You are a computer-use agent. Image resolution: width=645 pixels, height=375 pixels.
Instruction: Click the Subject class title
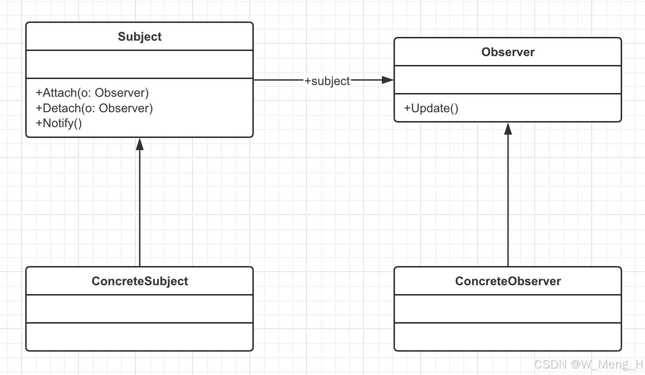(x=139, y=37)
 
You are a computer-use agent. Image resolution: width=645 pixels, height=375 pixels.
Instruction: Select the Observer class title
(x=508, y=52)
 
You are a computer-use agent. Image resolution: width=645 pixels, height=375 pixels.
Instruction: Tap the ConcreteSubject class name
(x=139, y=281)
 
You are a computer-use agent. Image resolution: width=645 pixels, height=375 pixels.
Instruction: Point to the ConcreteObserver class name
(x=508, y=281)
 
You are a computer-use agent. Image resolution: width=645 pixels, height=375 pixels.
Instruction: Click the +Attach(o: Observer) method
(x=92, y=93)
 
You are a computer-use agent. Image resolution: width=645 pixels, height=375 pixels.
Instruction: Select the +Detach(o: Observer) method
(x=94, y=108)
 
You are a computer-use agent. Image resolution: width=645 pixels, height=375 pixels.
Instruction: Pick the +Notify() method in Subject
(x=58, y=123)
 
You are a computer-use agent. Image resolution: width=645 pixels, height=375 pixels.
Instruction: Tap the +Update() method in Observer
(x=431, y=108)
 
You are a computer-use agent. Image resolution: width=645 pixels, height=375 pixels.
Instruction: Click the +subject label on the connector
(x=327, y=81)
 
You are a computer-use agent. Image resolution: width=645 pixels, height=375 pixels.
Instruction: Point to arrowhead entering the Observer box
(x=388, y=80)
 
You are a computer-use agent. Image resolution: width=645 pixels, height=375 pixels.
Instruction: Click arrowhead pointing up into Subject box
(x=139, y=144)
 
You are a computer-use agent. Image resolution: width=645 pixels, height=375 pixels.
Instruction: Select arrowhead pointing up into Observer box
(x=508, y=129)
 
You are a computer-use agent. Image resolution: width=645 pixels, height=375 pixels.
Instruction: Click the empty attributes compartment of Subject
(x=139, y=65)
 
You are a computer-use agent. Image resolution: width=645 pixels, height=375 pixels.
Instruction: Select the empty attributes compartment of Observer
(x=508, y=80)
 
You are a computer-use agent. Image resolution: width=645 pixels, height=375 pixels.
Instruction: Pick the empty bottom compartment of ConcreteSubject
(x=139, y=337)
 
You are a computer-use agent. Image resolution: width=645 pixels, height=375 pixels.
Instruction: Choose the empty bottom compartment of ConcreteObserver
(x=508, y=337)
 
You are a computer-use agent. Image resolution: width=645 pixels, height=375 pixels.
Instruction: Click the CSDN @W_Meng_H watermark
(x=588, y=364)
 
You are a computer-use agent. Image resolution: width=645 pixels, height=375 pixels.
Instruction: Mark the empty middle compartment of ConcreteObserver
(x=508, y=309)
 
